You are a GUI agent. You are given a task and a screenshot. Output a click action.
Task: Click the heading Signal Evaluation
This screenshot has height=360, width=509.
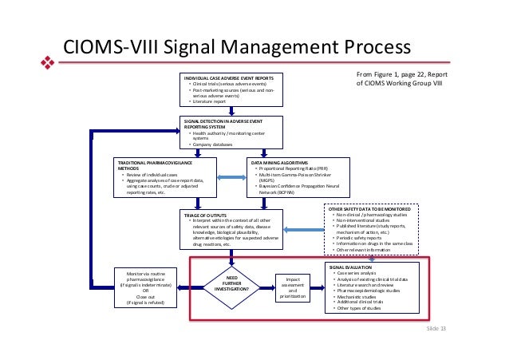coord(352,267)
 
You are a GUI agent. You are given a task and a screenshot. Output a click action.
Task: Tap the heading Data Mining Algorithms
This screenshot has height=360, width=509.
coord(279,161)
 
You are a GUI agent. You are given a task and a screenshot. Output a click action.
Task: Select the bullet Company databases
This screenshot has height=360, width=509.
coord(213,144)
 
